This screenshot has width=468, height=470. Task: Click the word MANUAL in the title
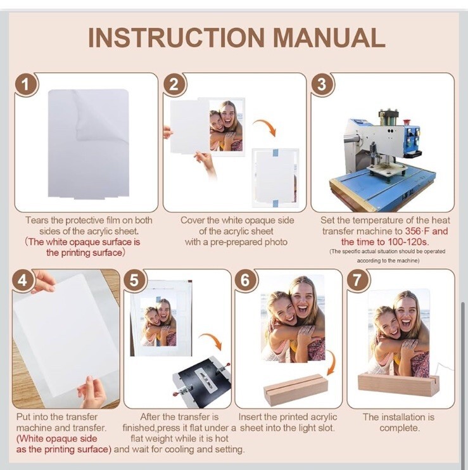pyautogui.click(x=329, y=37)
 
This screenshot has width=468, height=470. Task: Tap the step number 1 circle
pyautogui.click(x=26, y=84)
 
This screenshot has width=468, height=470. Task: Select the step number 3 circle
pyautogui.click(x=322, y=84)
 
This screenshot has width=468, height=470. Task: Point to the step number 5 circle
pyautogui.click(x=134, y=281)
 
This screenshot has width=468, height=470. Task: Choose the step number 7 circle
pyautogui.click(x=358, y=281)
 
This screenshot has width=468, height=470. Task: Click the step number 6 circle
pyautogui.click(x=245, y=281)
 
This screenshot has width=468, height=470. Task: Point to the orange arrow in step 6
pyautogui.click(x=332, y=364)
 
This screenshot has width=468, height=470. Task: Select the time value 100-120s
pyautogui.click(x=408, y=242)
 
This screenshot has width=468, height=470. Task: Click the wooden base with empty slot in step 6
pyautogui.click(x=295, y=389)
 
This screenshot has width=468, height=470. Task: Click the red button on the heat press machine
pyautogui.click(x=407, y=123)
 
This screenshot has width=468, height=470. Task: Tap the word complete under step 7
pyautogui.click(x=400, y=428)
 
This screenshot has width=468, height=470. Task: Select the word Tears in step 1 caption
pyautogui.click(x=37, y=220)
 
